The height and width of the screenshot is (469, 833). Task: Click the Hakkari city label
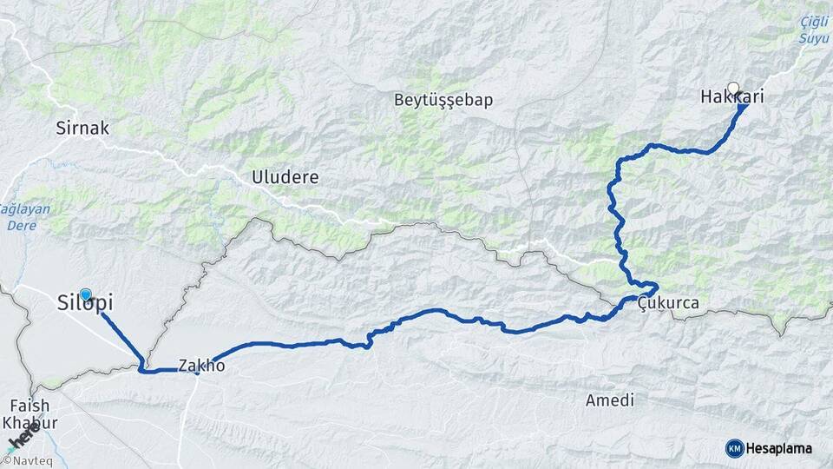(731, 97)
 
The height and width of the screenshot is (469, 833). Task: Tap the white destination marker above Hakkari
(733, 88)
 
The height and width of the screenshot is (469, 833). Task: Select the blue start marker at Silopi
(86, 294)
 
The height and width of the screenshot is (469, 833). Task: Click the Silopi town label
(84, 304)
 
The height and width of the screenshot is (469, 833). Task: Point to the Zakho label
(201, 366)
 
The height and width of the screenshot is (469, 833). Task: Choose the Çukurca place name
(667, 303)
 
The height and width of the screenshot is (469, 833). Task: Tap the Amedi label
(609, 400)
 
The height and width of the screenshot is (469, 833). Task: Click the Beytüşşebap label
(443, 100)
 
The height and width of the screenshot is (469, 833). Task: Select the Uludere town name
(285, 177)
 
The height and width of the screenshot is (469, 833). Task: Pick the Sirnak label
(82, 129)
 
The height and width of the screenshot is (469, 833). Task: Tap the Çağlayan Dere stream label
(24, 216)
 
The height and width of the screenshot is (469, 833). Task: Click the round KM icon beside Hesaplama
(734, 448)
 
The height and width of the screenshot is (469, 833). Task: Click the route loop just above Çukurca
(646, 287)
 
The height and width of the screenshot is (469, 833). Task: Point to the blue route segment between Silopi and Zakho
(121, 334)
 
